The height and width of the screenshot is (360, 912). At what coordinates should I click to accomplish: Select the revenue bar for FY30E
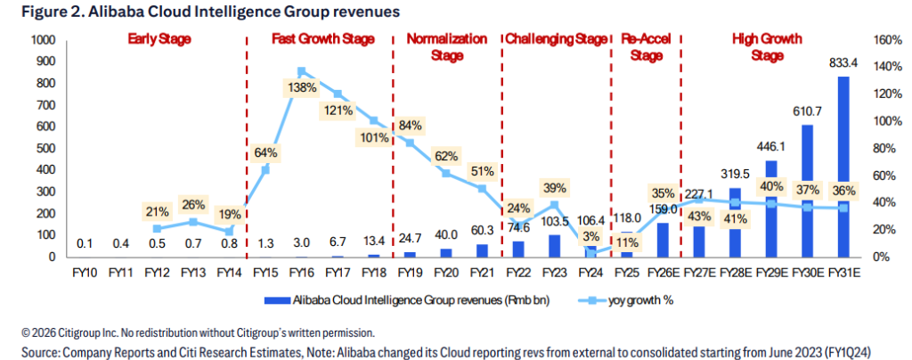click(x=807, y=191)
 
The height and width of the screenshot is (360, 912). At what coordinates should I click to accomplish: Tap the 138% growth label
click(x=302, y=89)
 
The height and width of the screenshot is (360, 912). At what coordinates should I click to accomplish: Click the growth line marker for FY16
click(x=301, y=71)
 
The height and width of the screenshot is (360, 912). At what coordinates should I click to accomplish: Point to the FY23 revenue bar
click(x=554, y=246)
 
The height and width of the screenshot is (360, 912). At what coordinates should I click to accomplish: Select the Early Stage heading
click(x=159, y=39)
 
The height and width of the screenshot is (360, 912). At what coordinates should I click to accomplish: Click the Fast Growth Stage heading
click(x=323, y=39)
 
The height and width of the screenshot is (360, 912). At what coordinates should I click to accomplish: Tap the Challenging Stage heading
click(x=556, y=39)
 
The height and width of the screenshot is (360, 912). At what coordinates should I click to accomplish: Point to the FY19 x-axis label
click(x=410, y=272)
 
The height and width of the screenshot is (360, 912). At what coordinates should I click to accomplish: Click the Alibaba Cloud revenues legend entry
click(x=406, y=300)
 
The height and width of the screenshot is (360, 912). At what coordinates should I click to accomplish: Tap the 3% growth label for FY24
click(x=591, y=235)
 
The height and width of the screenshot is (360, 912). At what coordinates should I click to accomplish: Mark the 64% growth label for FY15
click(x=265, y=153)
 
